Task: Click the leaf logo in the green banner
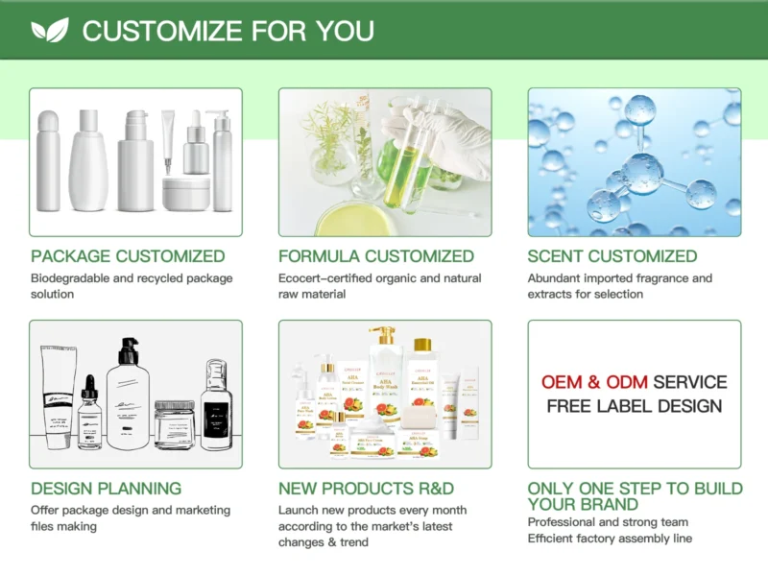coord(50,31)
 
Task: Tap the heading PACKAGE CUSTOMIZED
coord(128,256)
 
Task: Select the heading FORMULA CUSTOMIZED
coord(376,256)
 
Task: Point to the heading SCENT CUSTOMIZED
coord(612,256)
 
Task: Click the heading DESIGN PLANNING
coord(106,489)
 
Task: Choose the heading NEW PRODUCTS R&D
coord(366,489)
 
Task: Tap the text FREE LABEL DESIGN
coord(635,406)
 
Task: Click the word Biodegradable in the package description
coord(71,278)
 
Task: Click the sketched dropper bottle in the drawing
coord(89,414)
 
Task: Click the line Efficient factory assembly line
coord(610,538)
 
